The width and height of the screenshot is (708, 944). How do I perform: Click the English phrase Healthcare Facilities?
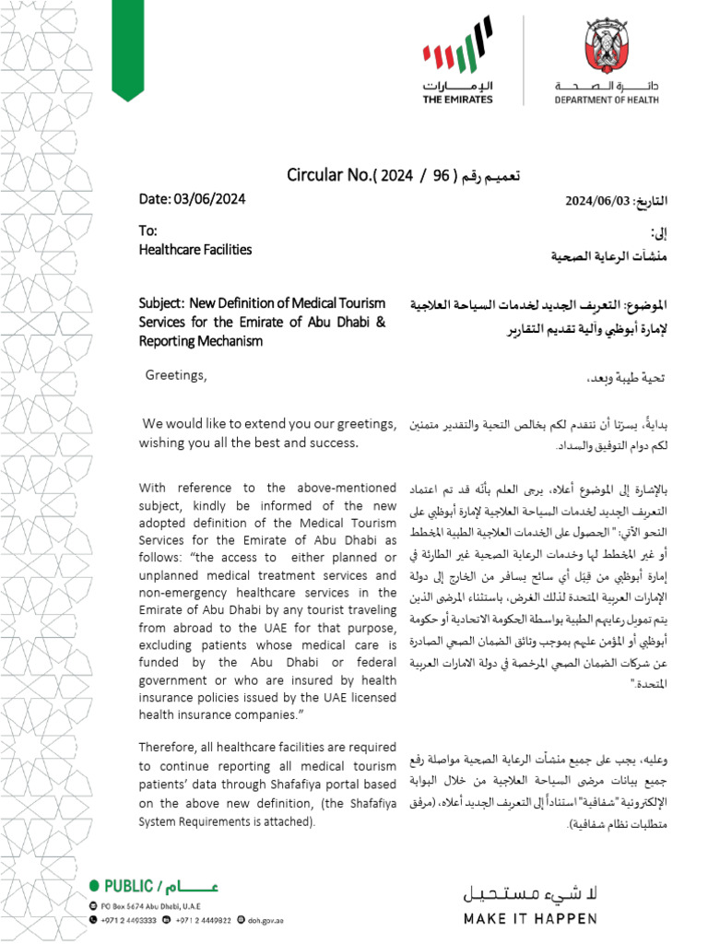pyautogui.click(x=195, y=250)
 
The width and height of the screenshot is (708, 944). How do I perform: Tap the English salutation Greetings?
pyautogui.click(x=176, y=375)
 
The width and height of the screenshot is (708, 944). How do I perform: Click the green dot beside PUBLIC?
pyautogui.click(x=93, y=887)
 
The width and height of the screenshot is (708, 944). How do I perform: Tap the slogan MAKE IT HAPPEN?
pyautogui.click(x=529, y=918)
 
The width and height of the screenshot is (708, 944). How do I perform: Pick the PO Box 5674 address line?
pyautogui.click(x=138, y=906)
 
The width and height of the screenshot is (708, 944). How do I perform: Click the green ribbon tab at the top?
pyautogui.click(x=127, y=46)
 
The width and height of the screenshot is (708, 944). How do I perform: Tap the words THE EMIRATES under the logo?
pyautogui.click(x=457, y=100)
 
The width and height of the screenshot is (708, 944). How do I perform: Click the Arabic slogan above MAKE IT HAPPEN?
pyautogui.click(x=529, y=892)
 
